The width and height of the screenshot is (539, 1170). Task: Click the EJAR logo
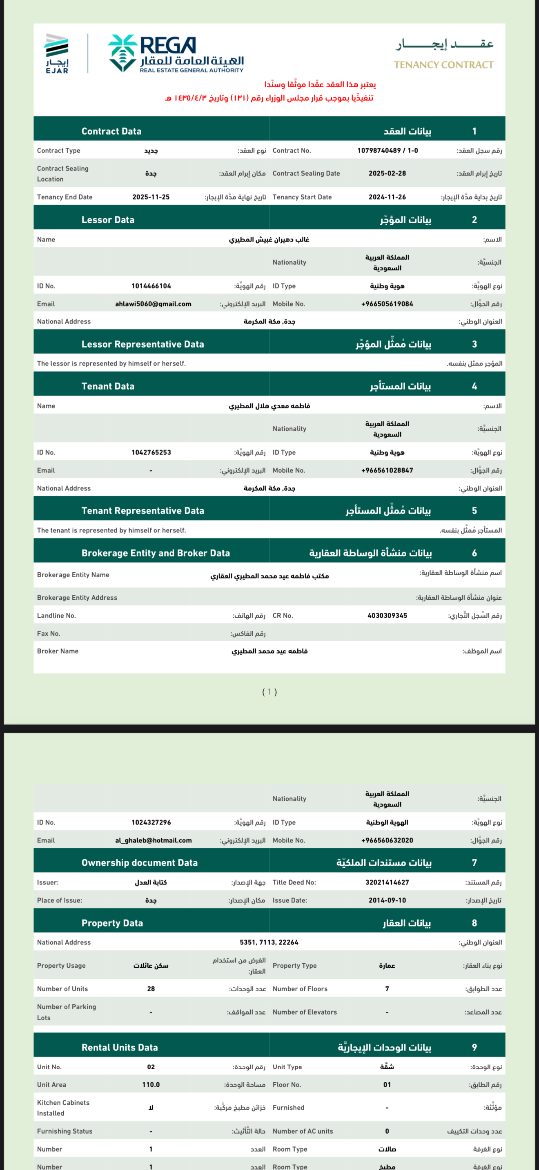click(x=57, y=53)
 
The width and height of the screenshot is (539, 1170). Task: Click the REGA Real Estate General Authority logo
click(x=176, y=53)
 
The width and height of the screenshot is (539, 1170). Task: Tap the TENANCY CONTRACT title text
click(x=443, y=65)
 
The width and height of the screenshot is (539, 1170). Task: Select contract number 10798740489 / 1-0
click(x=387, y=151)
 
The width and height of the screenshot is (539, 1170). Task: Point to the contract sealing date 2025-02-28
click(x=387, y=173)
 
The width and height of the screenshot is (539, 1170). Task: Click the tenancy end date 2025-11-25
click(x=151, y=197)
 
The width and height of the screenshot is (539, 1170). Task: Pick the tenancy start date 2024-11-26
click(x=387, y=197)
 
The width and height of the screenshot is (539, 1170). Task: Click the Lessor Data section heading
click(x=108, y=220)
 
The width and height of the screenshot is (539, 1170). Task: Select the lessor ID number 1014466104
click(x=151, y=286)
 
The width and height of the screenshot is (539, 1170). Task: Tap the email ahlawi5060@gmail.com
click(x=153, y=304)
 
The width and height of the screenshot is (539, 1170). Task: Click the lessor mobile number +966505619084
click(x=387, y=304)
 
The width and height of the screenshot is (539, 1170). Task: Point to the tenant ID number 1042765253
click(x=151, y=452)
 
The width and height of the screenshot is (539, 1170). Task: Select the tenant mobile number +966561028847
click(x=387, y=470)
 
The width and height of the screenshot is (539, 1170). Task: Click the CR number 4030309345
click(x=387, y=616)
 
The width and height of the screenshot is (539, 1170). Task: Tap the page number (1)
click(x=269, y=692)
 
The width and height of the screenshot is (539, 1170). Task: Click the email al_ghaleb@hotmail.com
click(x=153, y=840)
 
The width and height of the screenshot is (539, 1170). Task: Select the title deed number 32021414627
click(x=387, y=882)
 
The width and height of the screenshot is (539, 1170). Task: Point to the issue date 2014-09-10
click(x=387, y=900)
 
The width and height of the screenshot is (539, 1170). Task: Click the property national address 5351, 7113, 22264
click(x=269, y=942)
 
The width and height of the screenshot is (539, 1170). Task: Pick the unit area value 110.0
click(x=151, y=1085)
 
